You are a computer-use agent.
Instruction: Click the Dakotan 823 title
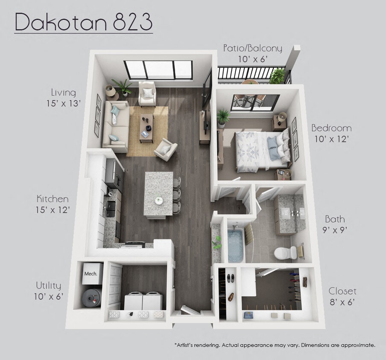[x=84, y=23]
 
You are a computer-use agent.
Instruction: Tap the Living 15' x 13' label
[x=64, y=97]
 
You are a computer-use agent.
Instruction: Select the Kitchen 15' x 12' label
[x=53, y=204]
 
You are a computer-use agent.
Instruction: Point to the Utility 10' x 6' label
[x=48, y=290]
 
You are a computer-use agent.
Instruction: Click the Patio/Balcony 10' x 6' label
[x=252, y=53]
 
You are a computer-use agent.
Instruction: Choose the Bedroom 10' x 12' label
[x=331, y=133]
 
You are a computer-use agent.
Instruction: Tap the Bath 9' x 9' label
[x=335, y=224]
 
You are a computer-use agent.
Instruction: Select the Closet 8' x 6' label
[x=342, y=296]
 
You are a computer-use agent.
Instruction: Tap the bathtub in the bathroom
[x=235, y=245]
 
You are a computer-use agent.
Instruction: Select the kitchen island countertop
[x=158, y=194]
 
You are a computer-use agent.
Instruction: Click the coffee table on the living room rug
[x=147, y=127]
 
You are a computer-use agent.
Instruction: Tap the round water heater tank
[x=92, y=296]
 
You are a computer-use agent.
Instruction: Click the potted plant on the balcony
[x=278, y=76]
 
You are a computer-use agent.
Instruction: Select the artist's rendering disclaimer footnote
[x=275, y=344]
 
